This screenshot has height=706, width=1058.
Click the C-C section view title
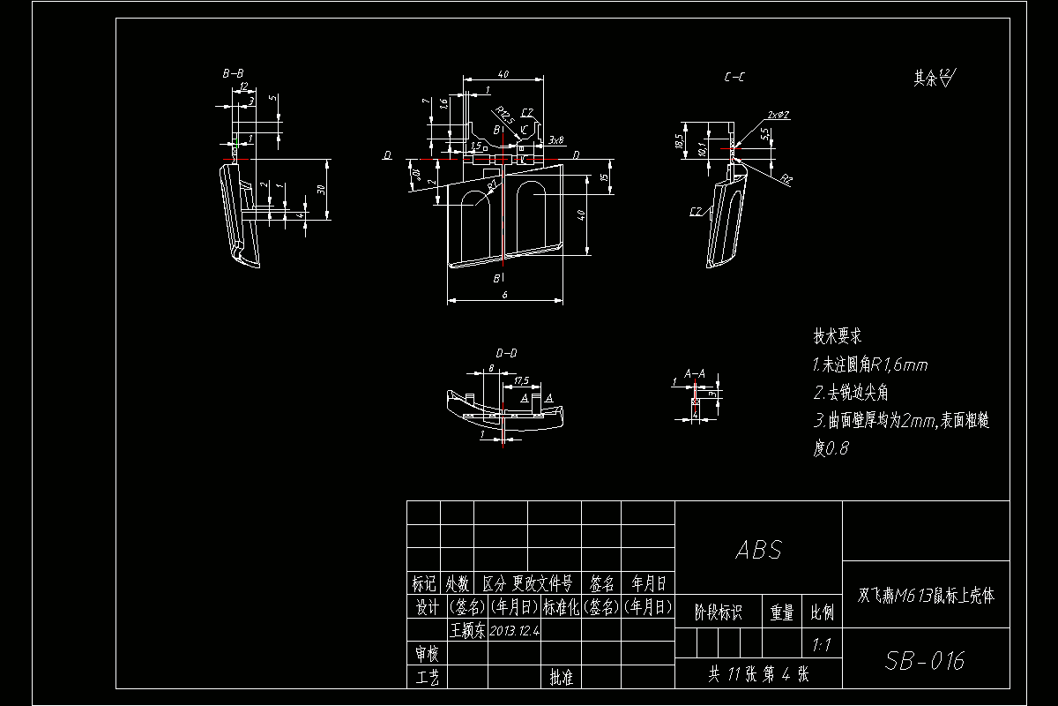pos(734,78)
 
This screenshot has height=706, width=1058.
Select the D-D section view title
pos(506,353)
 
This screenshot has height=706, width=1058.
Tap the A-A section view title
pos(694,373)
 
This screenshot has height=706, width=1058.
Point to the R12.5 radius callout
pos(503,116)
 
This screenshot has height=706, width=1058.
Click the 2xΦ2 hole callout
pos(778,115)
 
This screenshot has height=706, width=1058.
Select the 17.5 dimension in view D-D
pos(520,380)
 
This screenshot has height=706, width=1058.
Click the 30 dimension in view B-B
pos(321,189)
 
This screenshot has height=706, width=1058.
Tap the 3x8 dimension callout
pos(555,139)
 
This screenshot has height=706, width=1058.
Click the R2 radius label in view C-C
pos(786,179)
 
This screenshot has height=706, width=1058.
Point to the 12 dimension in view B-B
pos(242,86)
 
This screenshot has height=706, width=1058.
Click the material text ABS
pos(758,550)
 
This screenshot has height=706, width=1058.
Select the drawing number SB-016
pos(925,660)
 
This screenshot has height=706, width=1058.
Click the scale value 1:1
pos(822,645)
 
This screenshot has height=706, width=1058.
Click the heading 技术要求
pos(837,336)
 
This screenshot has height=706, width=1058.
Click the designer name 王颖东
pos(467,631)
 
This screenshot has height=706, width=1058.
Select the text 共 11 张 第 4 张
pos(758,674)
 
